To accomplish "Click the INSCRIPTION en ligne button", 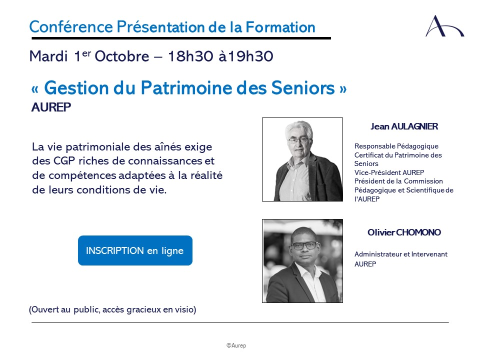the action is [x=135, y=250].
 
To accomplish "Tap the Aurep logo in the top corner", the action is [x=444, y=26].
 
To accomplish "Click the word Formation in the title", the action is [x=280, y=27].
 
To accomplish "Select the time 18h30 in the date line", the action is [x=190, y=56].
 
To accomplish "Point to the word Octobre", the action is [x=122, y=56].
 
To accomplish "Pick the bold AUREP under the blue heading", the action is [x=51, y=107].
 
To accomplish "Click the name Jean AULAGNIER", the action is [x=404, y=126].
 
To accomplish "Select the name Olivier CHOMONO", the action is [x=404, y=232].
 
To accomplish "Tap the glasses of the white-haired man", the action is [x=299, y=141].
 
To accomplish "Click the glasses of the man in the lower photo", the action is [x=305, y=245].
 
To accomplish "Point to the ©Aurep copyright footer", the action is [x=236, y=345].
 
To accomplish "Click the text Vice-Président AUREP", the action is [x=389, y=172].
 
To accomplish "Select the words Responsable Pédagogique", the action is [x=396, y=146].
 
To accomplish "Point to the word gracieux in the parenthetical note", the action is [x=144, y=310].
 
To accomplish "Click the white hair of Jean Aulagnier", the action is [x=298, y=128].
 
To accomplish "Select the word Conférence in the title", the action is [x=71, y=27].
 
